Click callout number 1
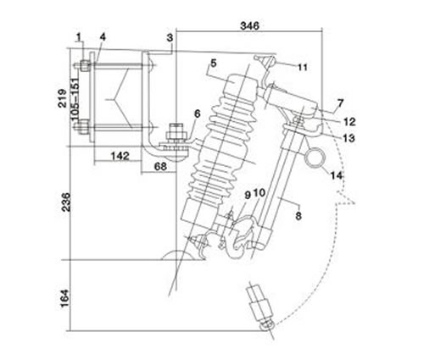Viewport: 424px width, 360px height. pos(78,36)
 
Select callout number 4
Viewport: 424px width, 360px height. pos(102,36)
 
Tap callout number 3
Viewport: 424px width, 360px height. pos(170,37)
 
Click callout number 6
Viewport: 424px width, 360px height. pos(197,114)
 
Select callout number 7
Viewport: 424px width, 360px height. pos(339,103)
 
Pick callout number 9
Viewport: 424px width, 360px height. pos(247,195)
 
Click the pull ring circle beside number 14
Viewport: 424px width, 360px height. pos(317,157)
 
